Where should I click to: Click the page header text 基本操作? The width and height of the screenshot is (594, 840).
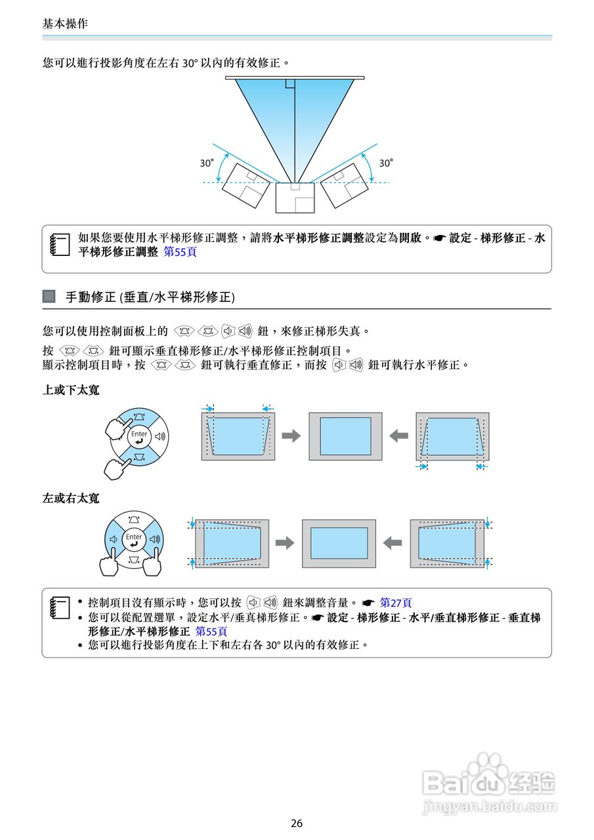64,24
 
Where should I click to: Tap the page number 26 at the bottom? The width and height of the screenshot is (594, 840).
297,823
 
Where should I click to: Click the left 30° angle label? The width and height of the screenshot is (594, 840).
207,163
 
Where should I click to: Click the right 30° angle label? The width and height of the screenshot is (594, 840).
387,163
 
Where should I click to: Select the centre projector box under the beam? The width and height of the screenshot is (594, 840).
295,198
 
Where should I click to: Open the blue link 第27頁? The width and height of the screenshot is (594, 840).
396,602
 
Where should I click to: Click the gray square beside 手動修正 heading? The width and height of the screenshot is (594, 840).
49,297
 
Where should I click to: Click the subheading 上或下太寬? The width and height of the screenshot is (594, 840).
71,390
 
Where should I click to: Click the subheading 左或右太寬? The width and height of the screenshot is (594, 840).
71,498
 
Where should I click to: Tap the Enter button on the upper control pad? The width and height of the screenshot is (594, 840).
139,436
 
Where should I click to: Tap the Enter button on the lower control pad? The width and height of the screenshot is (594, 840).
134,539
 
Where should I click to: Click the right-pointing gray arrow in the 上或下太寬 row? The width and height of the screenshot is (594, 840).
291,436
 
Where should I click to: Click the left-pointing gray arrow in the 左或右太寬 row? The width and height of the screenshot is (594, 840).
392,543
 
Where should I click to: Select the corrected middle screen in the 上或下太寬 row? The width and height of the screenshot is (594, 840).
345,436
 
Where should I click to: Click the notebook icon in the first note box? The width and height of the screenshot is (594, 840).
60,244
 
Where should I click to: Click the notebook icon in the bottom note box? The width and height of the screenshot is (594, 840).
60,608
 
